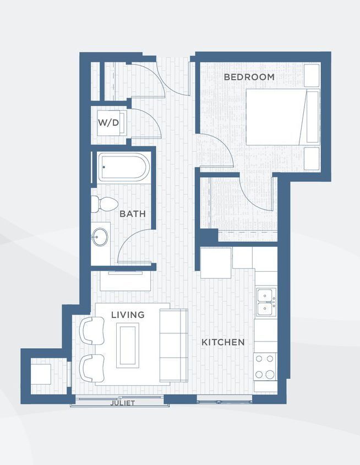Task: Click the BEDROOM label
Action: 249,77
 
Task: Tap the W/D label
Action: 108,122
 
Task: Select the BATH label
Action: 133,213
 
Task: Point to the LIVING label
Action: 128,315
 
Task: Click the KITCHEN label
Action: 223,342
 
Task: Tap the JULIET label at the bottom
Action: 122,403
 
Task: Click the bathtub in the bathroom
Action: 124,167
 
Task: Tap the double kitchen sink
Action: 266,302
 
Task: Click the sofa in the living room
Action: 173,345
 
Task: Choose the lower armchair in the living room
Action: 92,368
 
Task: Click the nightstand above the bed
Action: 312,75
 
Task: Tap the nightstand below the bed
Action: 312,158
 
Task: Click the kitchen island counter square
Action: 216,263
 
